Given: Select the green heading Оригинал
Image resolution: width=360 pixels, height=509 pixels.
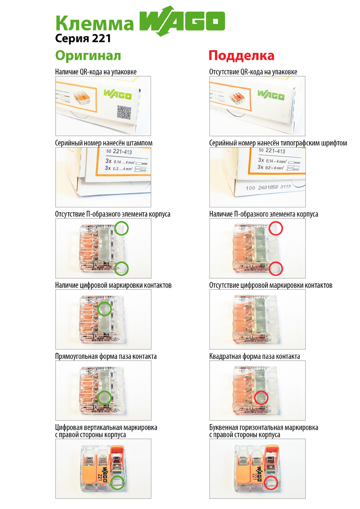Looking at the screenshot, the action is coord(88,56).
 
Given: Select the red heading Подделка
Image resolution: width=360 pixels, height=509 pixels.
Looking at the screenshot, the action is coord(242,56).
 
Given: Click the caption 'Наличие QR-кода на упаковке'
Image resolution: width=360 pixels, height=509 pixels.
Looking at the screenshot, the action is coord(96,72).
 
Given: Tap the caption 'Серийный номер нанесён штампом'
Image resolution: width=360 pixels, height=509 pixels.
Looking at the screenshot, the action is coord(104,143).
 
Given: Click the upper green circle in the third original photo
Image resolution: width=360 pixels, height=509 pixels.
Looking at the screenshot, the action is coord(122,228).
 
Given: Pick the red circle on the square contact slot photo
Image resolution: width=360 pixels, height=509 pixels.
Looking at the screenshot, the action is coord(262,398).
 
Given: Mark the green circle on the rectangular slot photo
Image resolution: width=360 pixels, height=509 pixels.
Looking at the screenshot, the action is coord(104,398).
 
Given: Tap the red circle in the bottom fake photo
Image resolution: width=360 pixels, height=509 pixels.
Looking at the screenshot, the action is coord(270,483).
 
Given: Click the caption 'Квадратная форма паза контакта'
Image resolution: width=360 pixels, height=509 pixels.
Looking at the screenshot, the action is coord(255,356).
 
